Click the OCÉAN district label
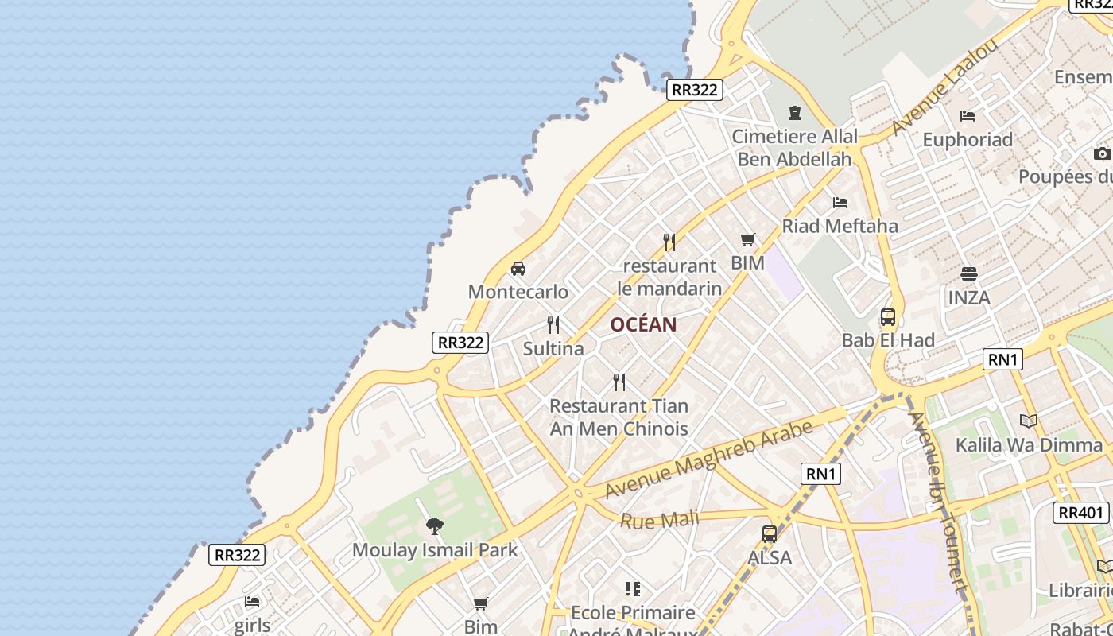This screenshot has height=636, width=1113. coord(643,324)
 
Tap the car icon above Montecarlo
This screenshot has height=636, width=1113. coord(518,268)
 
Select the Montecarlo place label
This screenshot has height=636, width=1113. coord(518,292)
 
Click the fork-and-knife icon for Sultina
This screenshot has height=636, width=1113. coord(553,324)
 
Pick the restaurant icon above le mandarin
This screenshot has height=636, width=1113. coord(669,242)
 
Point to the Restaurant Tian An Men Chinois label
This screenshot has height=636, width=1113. coord(619,417)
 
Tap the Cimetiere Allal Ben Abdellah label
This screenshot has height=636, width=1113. coord(794,148)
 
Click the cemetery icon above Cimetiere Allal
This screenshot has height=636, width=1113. coord(794,113)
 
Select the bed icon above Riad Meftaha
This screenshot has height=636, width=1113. coord(840,203)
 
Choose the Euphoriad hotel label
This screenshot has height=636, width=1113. coord(968,140)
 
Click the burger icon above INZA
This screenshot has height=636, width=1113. coord(968,274)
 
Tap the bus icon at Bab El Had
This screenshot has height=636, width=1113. coord(888,317)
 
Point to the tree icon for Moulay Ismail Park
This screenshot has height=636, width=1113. coord(434,525)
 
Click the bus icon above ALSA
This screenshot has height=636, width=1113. coord(770,534)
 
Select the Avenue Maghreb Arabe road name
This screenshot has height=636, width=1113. coord(708,460)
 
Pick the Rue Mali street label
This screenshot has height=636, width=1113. coord(659,521)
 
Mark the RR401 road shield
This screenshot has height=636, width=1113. coord(1081,513)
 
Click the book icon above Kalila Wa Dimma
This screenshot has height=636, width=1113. coord(1029,421)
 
